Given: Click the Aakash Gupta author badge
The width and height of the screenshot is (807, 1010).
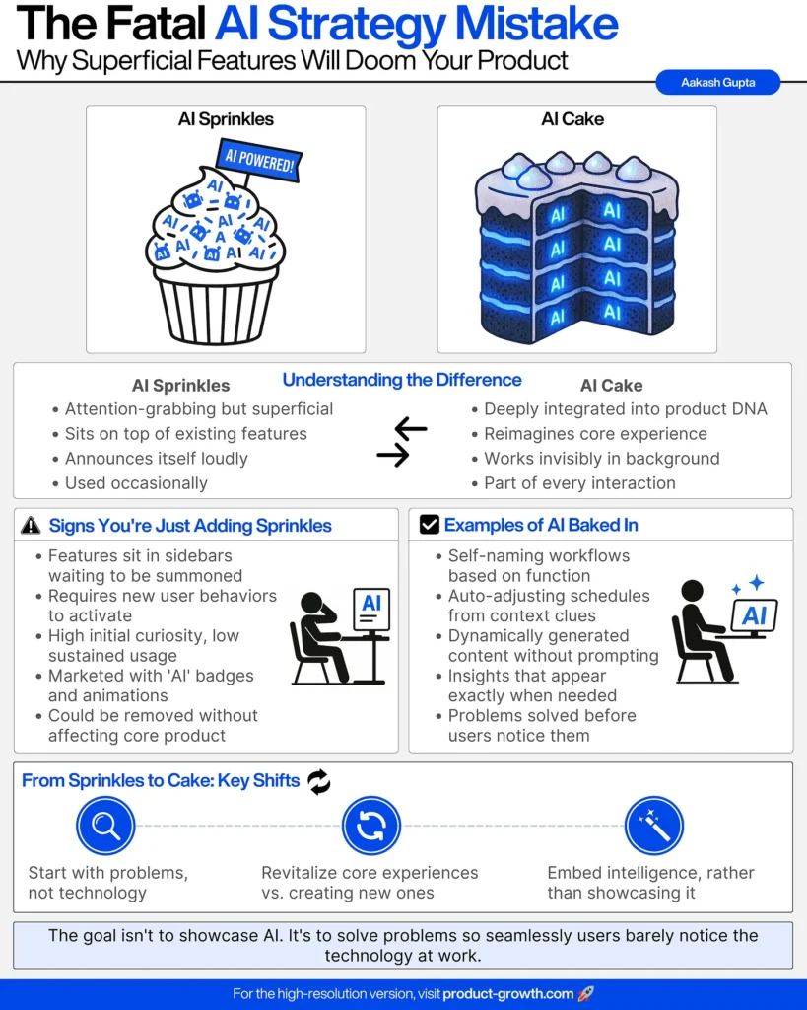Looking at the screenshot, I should click(x=717, y=83).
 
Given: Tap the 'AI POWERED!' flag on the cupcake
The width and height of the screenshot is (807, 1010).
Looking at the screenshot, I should click(x=258, y=162).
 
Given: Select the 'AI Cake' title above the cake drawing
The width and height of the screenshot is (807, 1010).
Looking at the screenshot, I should click(x=572, y=119).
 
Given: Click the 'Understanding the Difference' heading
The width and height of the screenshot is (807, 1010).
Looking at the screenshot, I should click(x=402, y=380).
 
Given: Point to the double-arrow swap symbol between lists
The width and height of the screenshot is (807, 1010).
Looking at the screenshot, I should click(x=401, y=442).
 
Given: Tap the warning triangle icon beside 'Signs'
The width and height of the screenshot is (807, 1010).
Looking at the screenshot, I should click(x=32, y=526).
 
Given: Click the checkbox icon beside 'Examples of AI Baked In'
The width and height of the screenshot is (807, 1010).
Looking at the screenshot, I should click(x=430, y=526).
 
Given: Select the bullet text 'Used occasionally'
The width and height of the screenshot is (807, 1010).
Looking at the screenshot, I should click(x=136, y=483).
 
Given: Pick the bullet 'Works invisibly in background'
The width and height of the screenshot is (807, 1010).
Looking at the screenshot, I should click(x=601, y=459).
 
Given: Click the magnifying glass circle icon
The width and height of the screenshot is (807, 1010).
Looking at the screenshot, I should click(x=104, y=826).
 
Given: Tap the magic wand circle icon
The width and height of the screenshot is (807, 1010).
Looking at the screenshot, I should click(x=654, y=826).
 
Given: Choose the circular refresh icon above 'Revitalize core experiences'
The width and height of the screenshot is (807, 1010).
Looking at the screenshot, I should click(x=370, y=826).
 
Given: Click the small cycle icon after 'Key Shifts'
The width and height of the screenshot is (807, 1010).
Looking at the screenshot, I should click(x=319, y=782).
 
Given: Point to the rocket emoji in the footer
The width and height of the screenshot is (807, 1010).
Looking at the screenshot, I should click(x=586, y=994).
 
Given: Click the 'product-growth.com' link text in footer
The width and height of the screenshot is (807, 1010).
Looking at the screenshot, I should click(x=508, y=994).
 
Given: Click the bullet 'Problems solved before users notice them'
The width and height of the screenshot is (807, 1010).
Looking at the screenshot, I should click(x=542, y=725).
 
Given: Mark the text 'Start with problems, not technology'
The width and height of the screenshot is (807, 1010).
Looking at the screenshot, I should click(x=108, y=883).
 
